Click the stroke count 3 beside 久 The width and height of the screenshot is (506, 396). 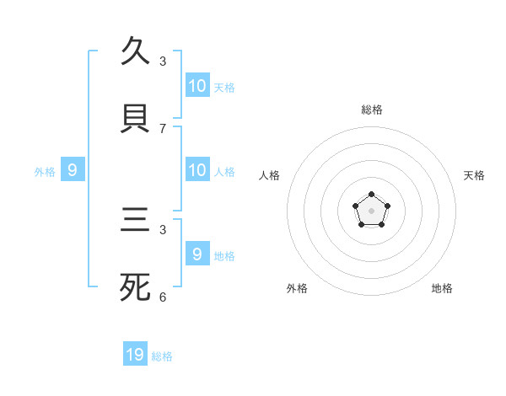coord(163,62)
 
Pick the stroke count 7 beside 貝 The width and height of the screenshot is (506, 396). coord(163,129)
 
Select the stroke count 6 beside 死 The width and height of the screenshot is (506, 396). coord(163,297)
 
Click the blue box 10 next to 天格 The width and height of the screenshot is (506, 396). coord(197,86)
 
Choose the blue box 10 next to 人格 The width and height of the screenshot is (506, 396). coord(197,170)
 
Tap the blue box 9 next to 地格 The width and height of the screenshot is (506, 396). coord(197,254)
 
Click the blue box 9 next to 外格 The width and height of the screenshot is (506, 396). coord(73,170)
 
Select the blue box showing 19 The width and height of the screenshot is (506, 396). coord(135,355)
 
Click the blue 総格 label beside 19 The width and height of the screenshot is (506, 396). coord(162,356)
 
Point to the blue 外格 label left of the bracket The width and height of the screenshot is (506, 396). coord(45,172)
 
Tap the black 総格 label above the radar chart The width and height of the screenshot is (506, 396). coord(371,110)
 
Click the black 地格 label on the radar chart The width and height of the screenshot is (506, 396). coord(442,288)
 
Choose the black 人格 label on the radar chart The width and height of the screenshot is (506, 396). coord(270,175)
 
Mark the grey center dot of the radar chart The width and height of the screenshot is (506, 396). coord(371,211)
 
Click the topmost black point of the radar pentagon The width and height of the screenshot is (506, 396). coord(371,195)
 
